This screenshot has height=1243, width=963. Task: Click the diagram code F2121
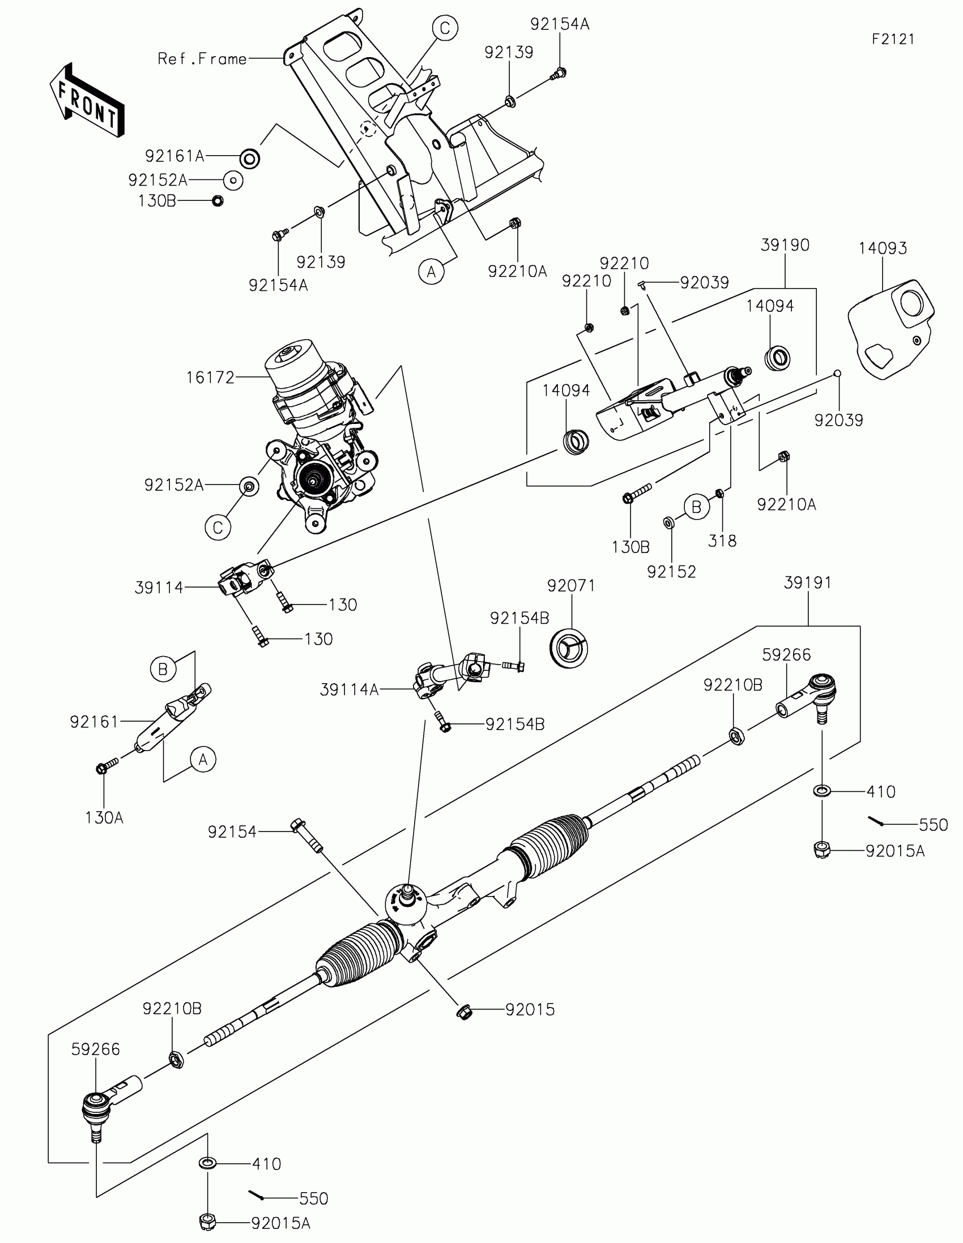[893, 39]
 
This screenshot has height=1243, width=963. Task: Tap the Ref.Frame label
[202, 59]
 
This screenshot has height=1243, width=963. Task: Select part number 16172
[210, 378]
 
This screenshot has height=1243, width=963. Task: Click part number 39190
[785, 245]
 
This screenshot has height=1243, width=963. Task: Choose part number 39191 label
[808, 583]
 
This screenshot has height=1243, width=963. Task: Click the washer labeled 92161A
[249, 158]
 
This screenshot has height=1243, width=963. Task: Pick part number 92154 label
[232, 832]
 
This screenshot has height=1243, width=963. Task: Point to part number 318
[722, 541]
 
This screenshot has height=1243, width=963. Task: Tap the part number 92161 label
[94, 722]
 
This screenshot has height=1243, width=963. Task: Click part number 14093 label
[883, 248]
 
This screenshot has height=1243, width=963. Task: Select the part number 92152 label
[671, 572]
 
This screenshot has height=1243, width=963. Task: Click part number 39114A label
[349, 690]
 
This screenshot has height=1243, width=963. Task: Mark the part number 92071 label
[571, 586]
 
